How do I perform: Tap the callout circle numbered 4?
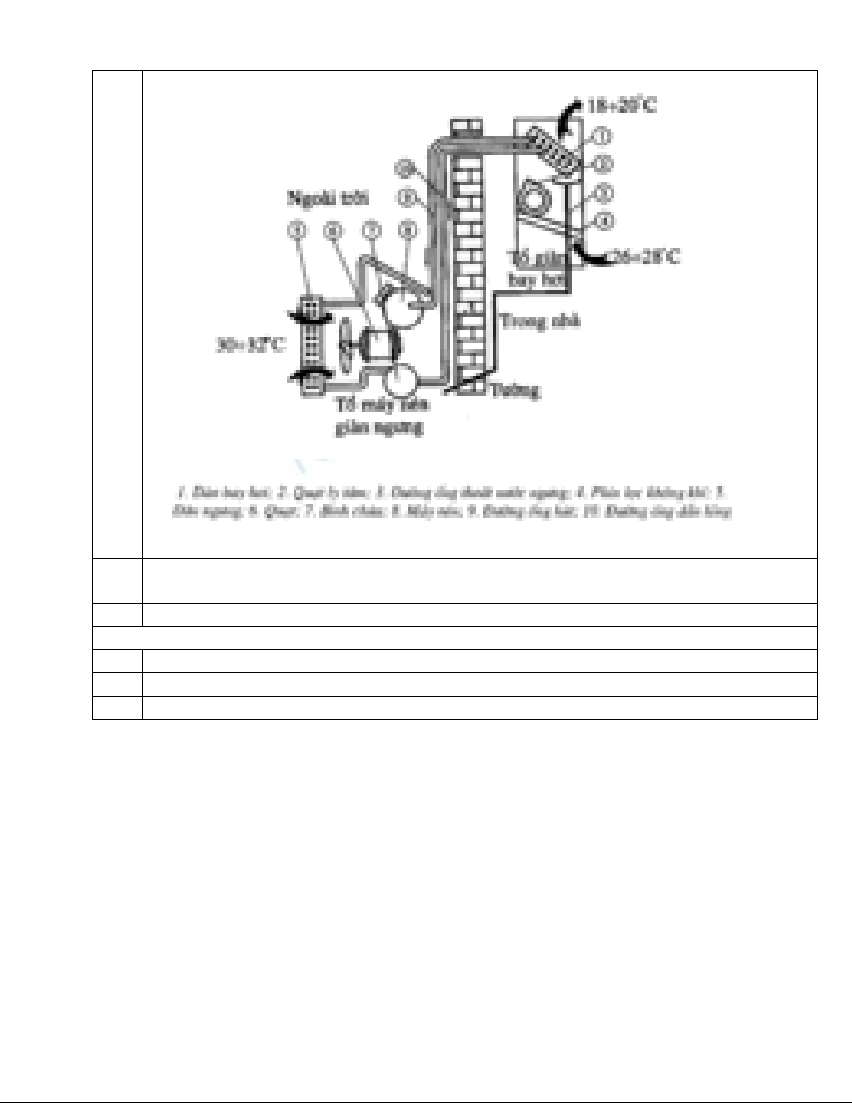[x=605, y=221]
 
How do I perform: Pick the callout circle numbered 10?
[x=404, y=168]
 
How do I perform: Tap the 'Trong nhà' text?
[x=540, y=322]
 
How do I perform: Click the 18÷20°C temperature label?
[x=621, y=106]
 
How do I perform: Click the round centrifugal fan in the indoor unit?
[x=533, y=199]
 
